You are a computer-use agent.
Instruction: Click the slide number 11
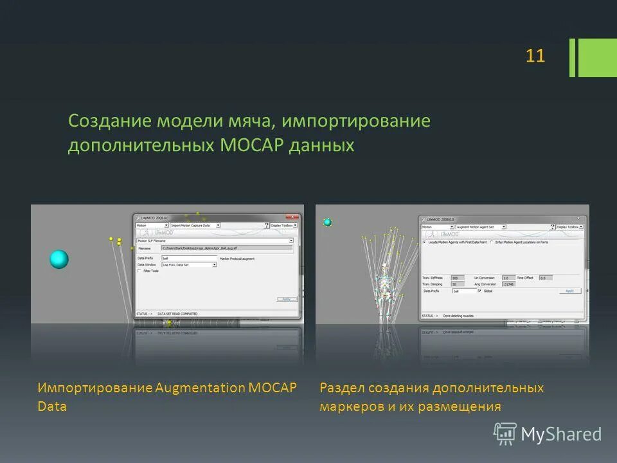tap(535, 56)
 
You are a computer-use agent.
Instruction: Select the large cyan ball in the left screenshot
tap(59, 259)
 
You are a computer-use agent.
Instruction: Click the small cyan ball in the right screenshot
tap(327, 222)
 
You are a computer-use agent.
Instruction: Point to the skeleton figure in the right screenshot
tap(384, 286)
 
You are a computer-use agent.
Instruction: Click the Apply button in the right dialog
tap(569, 291)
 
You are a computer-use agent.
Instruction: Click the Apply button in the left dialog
tap(286, 299)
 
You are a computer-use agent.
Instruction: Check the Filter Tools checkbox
tap(139, 271)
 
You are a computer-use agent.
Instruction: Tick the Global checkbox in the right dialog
tap(479, 291)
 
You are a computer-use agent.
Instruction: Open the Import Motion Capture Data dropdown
tap(195, 226)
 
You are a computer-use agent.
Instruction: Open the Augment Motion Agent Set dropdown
tap(481, 227)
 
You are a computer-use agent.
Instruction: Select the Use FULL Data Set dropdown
tap(189, 264)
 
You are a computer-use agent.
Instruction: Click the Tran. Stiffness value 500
tap(457, 278)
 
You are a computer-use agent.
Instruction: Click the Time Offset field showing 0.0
tap(545, 278)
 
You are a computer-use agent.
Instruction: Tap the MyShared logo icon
tap(505, 434)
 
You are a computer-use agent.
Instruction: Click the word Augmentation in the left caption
tap(200, 388)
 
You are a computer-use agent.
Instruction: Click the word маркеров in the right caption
tap(351, 406)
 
